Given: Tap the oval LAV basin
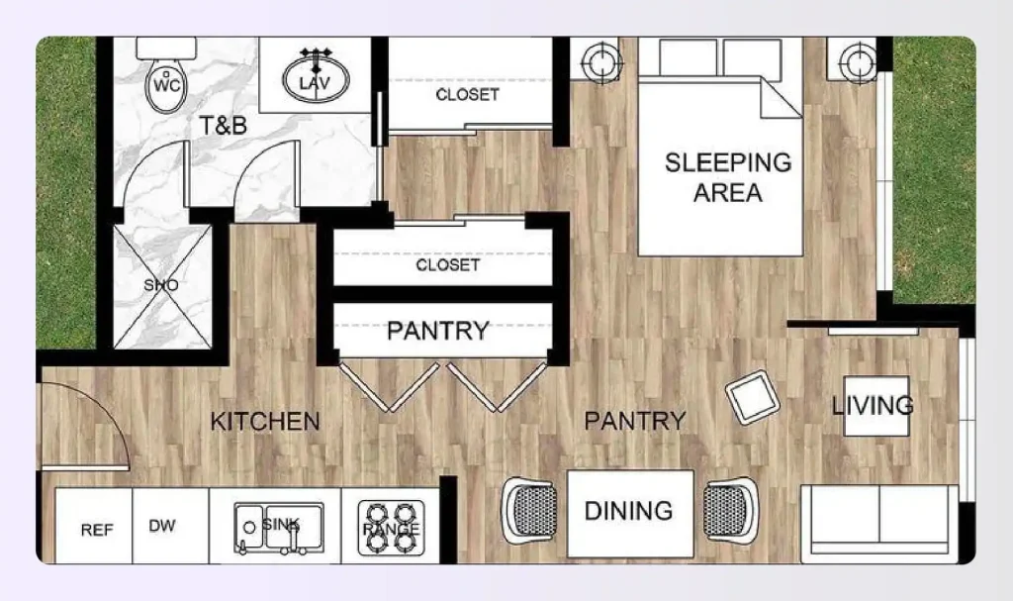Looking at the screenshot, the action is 316,79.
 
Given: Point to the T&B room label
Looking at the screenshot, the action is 223,125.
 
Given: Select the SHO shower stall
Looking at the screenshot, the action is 162,286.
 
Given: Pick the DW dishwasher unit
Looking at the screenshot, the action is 170,526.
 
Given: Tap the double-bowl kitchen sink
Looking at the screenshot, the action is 278,528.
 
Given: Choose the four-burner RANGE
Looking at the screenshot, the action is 391,528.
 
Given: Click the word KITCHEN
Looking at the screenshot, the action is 265,422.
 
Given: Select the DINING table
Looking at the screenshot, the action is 630,514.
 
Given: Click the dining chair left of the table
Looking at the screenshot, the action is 529,510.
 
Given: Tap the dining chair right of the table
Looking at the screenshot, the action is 731,510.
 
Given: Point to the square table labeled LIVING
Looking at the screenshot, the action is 876,406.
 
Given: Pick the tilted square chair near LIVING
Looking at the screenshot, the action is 752,397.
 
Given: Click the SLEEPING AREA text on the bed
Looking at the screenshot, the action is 728,177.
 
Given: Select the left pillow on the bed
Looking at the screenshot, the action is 688,58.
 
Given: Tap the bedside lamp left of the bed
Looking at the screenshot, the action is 602,62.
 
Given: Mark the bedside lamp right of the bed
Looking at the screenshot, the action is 858,62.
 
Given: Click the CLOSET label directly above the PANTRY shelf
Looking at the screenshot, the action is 448,265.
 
